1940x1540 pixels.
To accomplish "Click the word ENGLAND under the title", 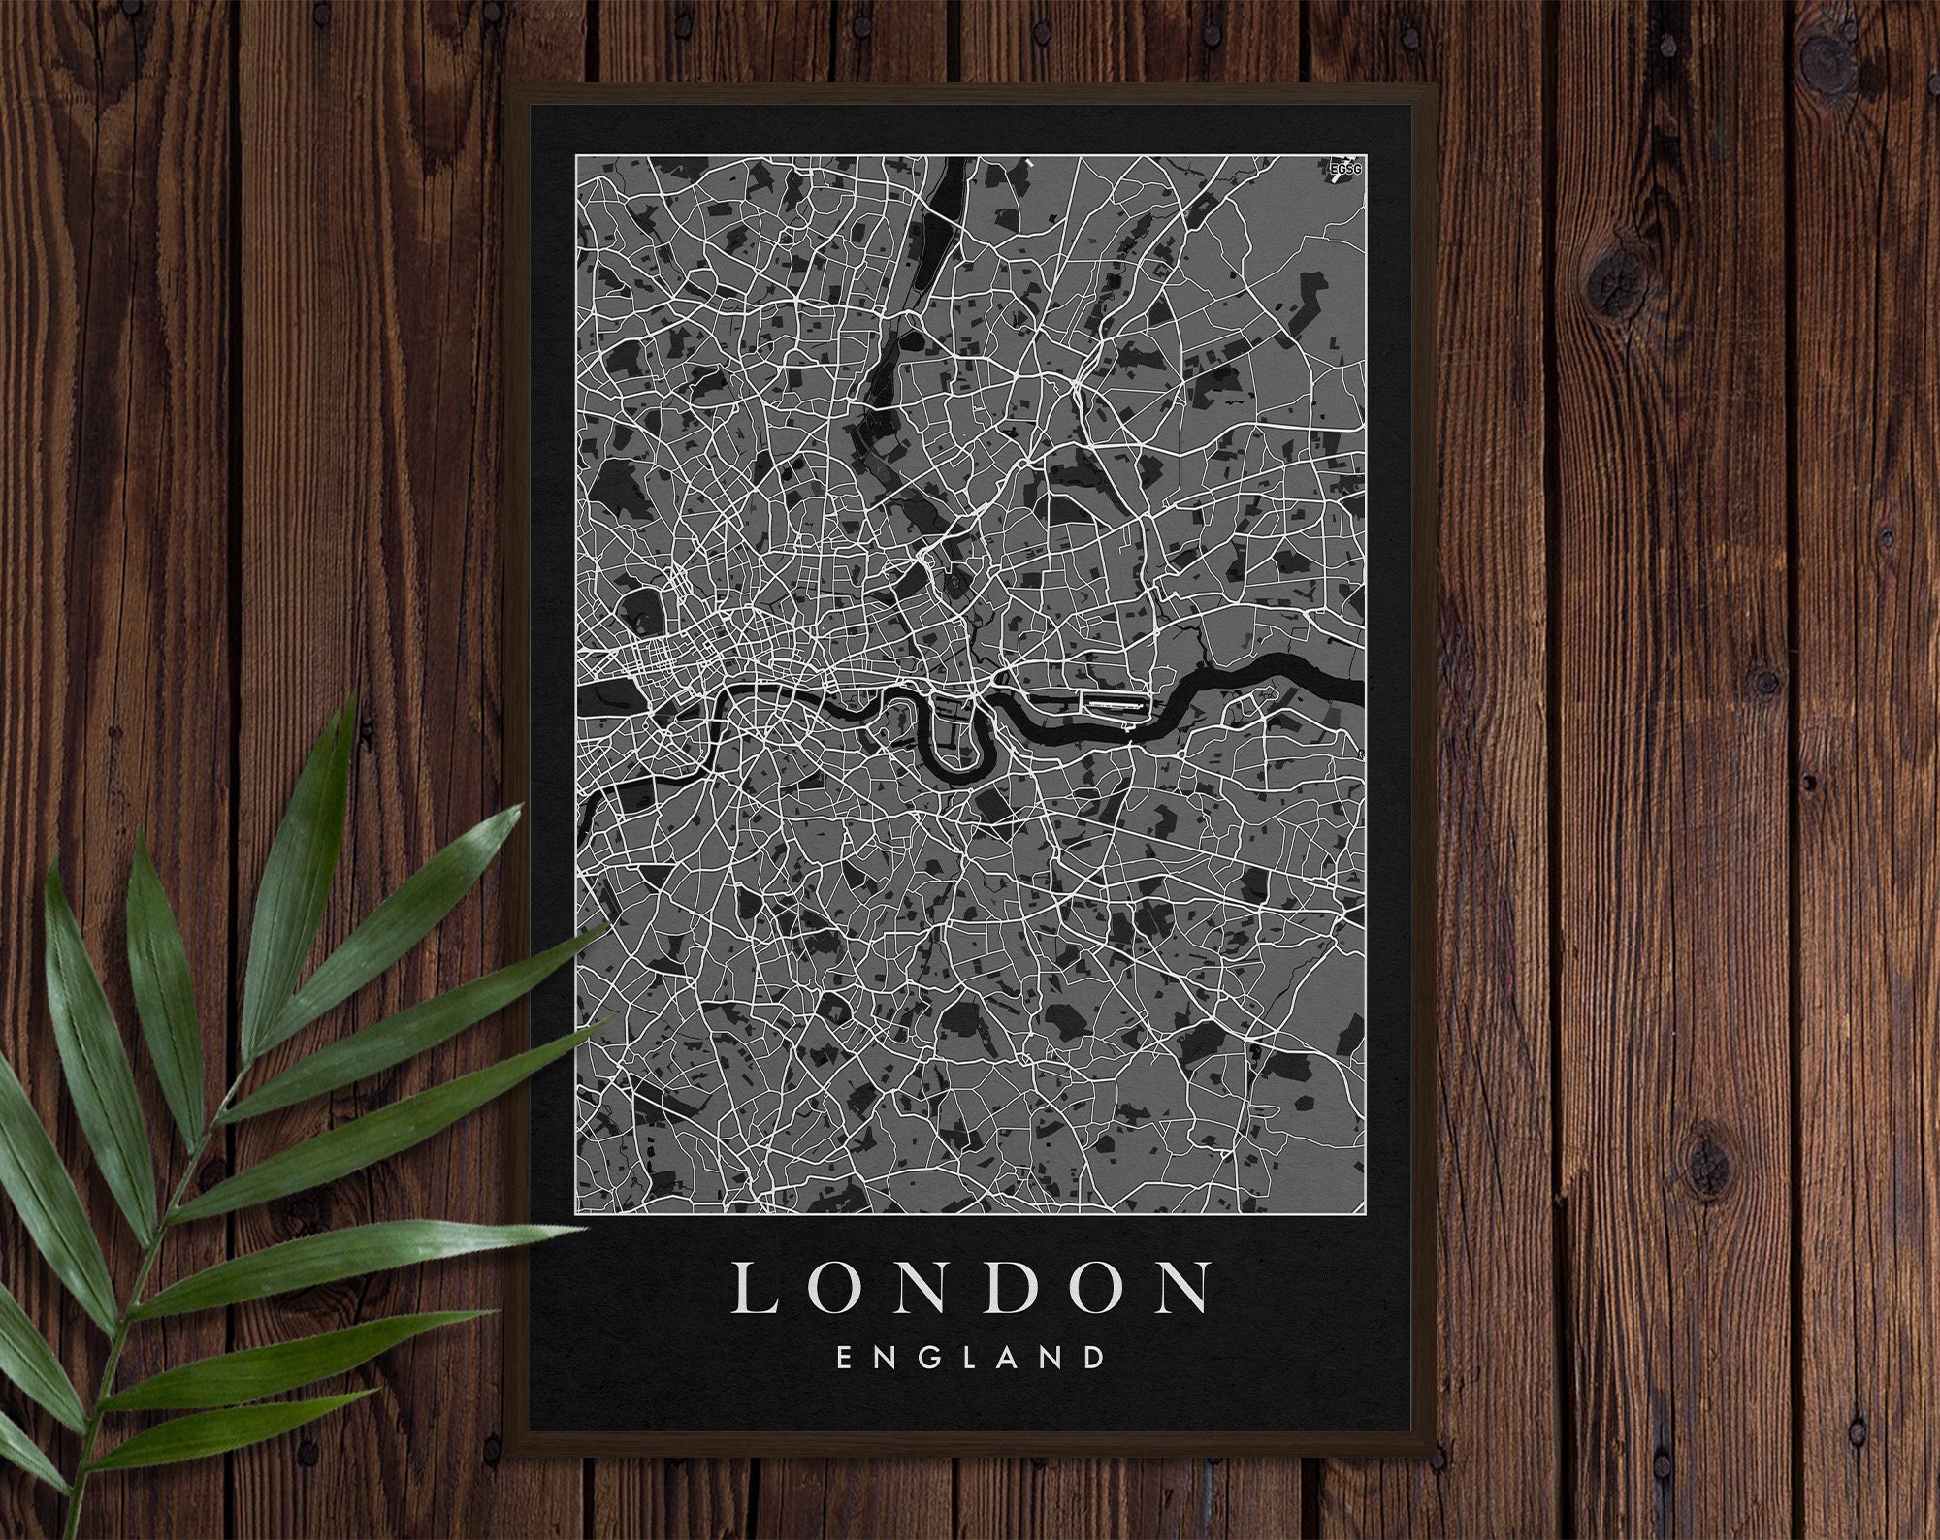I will point(970,1356).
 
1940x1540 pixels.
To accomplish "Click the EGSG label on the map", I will point(1347,171).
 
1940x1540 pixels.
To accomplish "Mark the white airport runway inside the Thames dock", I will point(1114,700).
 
